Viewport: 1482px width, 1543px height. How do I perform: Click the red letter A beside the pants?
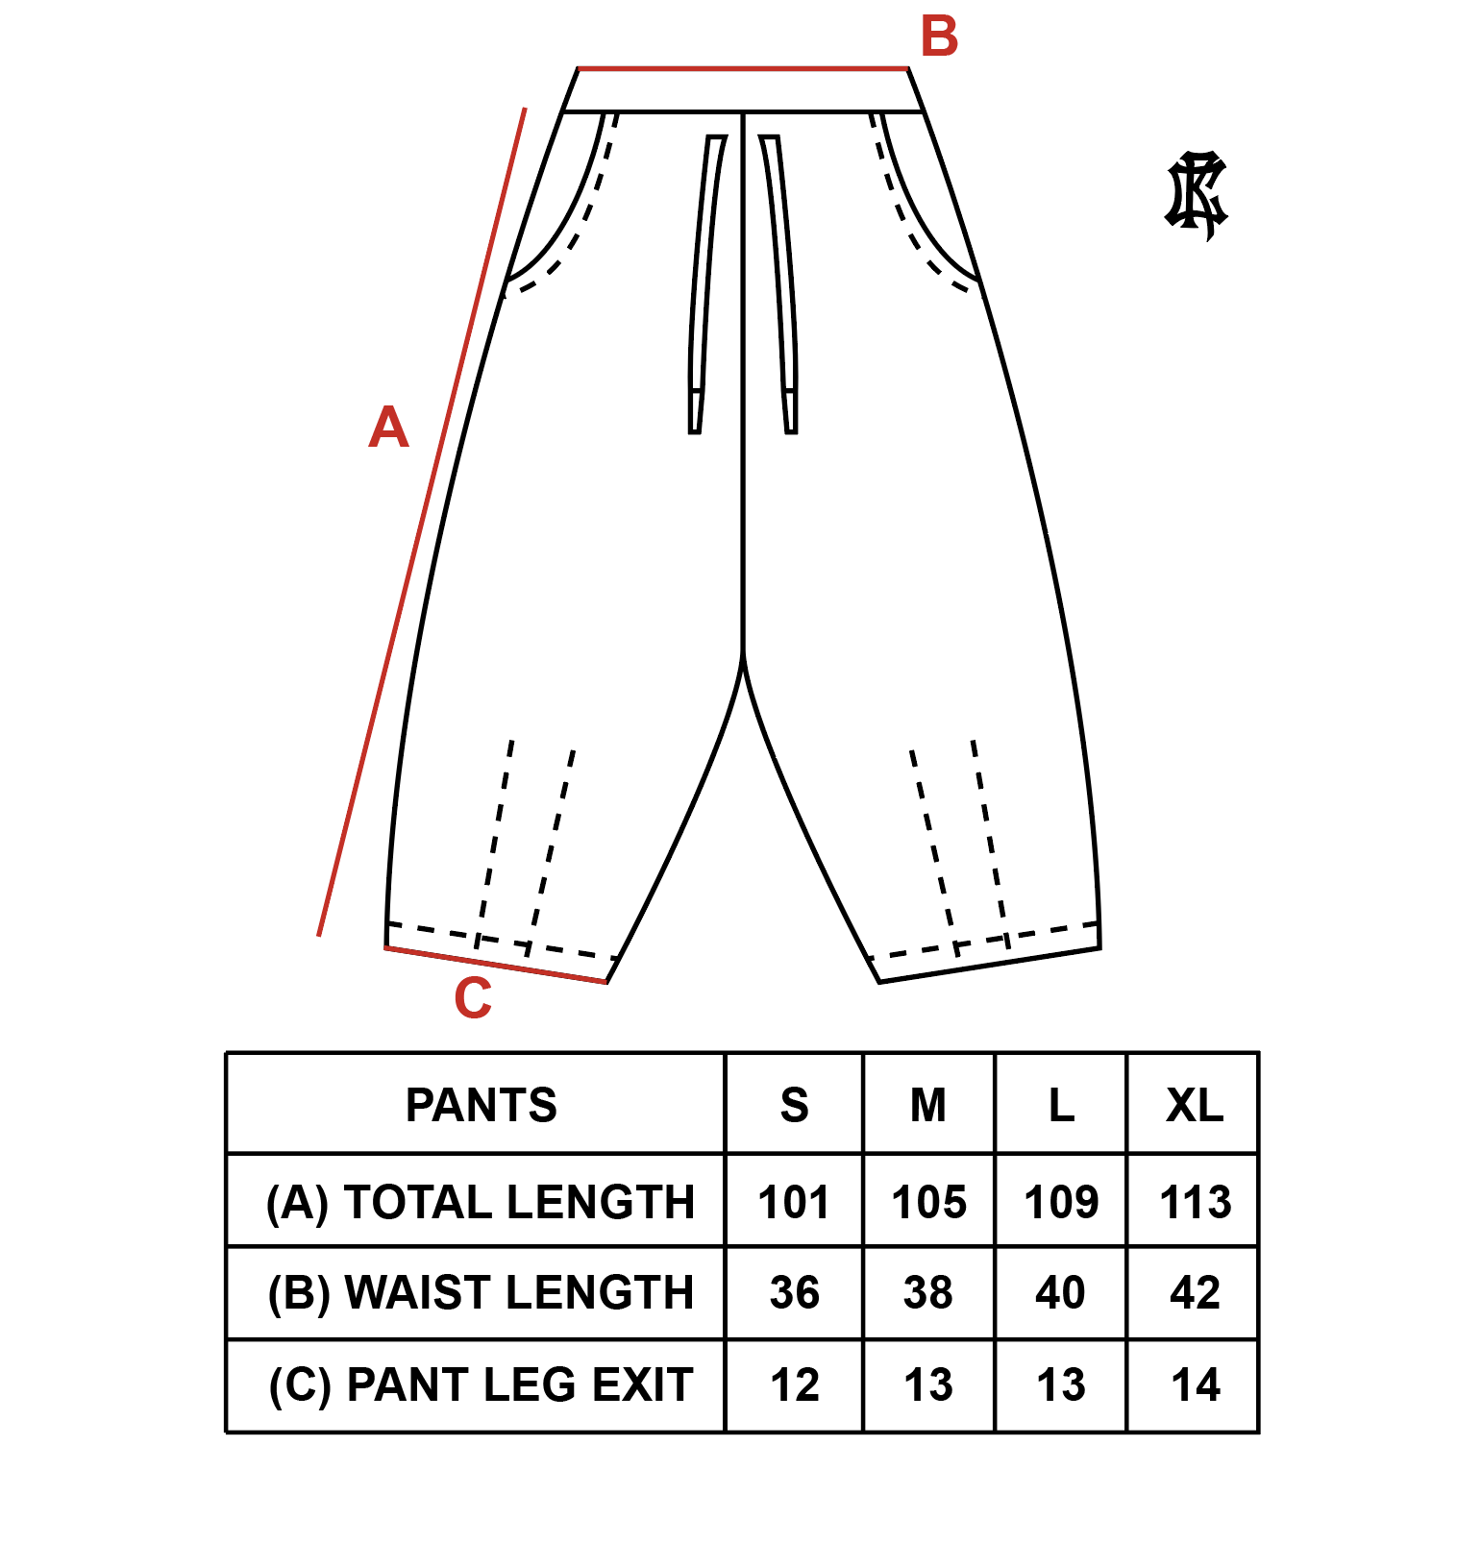click(x=389, y=427)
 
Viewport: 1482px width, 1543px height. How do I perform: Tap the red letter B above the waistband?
click(x=939, y=37)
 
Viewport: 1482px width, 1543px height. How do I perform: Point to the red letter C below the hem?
click(x=473, y=998)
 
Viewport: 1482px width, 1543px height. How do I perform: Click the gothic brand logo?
click(x=1197, y=195)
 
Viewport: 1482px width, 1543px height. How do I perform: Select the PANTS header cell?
click(x=481, y=1105)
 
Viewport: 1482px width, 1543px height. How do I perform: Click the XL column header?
click(x=1195, y=1105)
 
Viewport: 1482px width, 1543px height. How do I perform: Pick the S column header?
click(x=794, y=1105)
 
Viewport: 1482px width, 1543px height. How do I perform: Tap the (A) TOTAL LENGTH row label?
click(x=481, y=1202)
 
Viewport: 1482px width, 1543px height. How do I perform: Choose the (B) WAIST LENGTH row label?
click(x=481, y=1292)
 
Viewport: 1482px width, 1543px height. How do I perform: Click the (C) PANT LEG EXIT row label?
click(x=481, y=1384)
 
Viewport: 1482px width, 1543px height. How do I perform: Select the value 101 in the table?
click(x=794, y=1202)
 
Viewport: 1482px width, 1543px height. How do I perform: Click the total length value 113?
click(x=1195, y=1202)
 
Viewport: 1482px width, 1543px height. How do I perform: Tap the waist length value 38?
click(x=928, y=1292)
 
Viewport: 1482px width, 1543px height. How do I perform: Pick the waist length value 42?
click(x=1195, y=1292)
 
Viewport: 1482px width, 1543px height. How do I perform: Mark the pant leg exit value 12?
click(x=794, y=1384)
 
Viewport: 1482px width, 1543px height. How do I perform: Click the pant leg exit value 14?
click(x=1195, y=1384)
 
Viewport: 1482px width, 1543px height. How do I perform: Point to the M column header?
click(x=928, y=1105)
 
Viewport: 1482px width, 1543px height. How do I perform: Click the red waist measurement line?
click(x=742, y=69)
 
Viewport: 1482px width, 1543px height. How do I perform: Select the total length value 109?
click(x=1061, y=1202)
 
